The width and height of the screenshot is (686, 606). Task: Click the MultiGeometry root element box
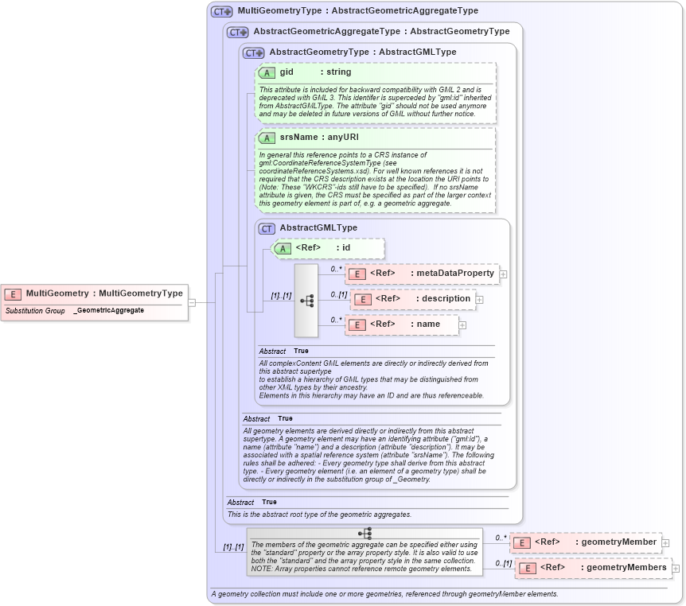[95, 293]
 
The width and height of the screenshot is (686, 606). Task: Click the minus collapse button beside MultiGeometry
[192, 302]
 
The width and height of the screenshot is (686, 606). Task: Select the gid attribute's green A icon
[267, 72]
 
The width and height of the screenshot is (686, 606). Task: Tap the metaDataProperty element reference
[422, 274]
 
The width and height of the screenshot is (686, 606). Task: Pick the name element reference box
[403, 324]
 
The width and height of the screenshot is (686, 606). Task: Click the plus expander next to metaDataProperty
[504, 274]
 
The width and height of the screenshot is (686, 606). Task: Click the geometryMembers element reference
[593, 568]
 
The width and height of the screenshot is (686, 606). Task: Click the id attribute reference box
[328, 248]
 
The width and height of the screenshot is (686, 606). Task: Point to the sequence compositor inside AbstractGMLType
[306, 300]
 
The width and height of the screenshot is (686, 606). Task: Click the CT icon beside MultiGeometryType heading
[221, 12]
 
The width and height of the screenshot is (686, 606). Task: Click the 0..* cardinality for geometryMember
[501, 538]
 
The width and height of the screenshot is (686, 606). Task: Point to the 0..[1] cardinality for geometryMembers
[503, 563]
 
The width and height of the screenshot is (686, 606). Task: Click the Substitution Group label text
[35, 310]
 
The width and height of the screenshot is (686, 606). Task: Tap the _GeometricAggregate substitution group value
[108, 310]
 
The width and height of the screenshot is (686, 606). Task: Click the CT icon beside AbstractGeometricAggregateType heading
[237, 32]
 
